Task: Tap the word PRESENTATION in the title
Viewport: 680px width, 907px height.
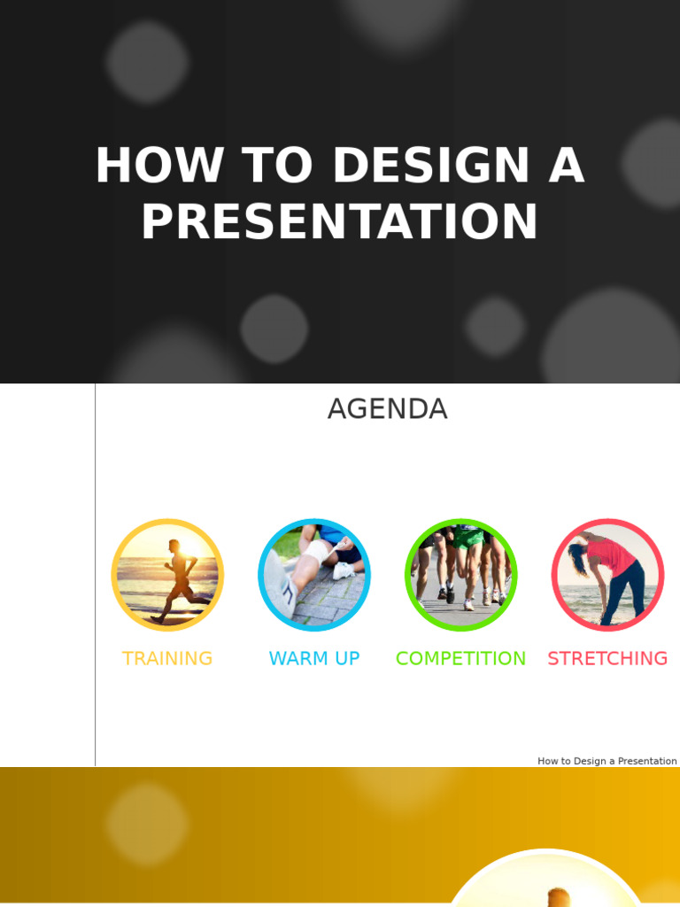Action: click(x=340, y=222)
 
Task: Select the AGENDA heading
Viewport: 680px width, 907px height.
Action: click(x=387, y=409)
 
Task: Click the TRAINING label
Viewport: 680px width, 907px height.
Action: click(x=167, y=659)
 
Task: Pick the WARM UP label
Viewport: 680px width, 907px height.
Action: click(x=314, y=659)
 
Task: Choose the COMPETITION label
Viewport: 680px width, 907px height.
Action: click(x=460, y=659)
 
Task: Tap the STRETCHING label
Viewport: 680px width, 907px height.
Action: click(x=607, y=659)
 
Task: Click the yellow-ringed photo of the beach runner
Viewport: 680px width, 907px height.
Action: click(x=167, y=575)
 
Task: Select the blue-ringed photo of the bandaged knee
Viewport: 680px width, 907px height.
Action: click(x=314, y=575)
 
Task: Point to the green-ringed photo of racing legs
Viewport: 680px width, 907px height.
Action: click(x=460, y=575)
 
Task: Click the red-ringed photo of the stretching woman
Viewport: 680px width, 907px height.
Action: click(x=607, y=575)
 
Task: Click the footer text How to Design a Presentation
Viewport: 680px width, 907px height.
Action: click(x=607, y=761)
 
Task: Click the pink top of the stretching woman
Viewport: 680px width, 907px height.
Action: click(x=611, y=558)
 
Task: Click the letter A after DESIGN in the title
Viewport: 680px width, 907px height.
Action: click(x=566, y=167)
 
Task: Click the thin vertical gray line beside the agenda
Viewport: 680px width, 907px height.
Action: click(x=96, y=576)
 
